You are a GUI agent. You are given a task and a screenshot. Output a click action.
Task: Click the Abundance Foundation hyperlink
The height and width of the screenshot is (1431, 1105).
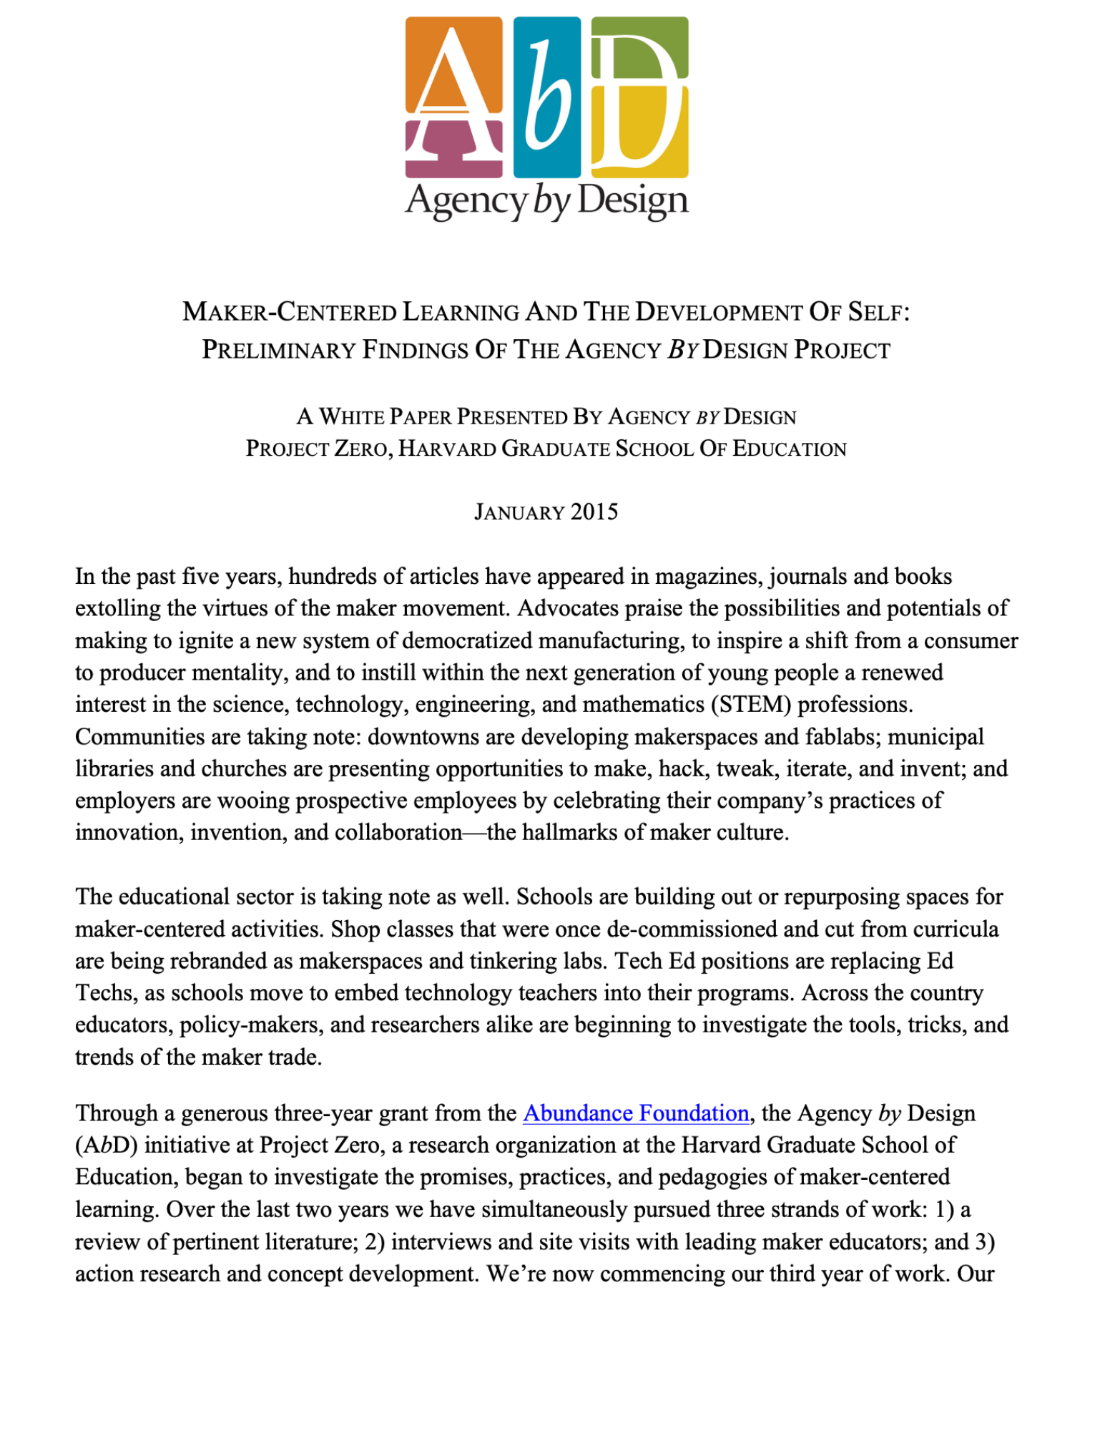tap(636, 1113)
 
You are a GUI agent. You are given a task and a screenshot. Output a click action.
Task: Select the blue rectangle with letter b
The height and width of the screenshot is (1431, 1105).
tap(547, 97)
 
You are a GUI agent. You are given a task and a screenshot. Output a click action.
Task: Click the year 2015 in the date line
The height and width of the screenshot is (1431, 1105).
tap(594, 512)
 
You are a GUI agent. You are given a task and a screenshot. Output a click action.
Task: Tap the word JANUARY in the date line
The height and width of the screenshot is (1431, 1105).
tap(520, 512)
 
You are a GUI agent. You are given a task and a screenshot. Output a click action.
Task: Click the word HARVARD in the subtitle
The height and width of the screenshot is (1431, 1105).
tap(447, 449)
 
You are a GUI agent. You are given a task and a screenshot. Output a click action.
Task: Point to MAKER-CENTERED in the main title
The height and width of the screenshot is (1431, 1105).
tap(289, 312)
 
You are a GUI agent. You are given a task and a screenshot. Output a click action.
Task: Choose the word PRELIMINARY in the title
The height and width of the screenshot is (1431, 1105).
tap(278, 350)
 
